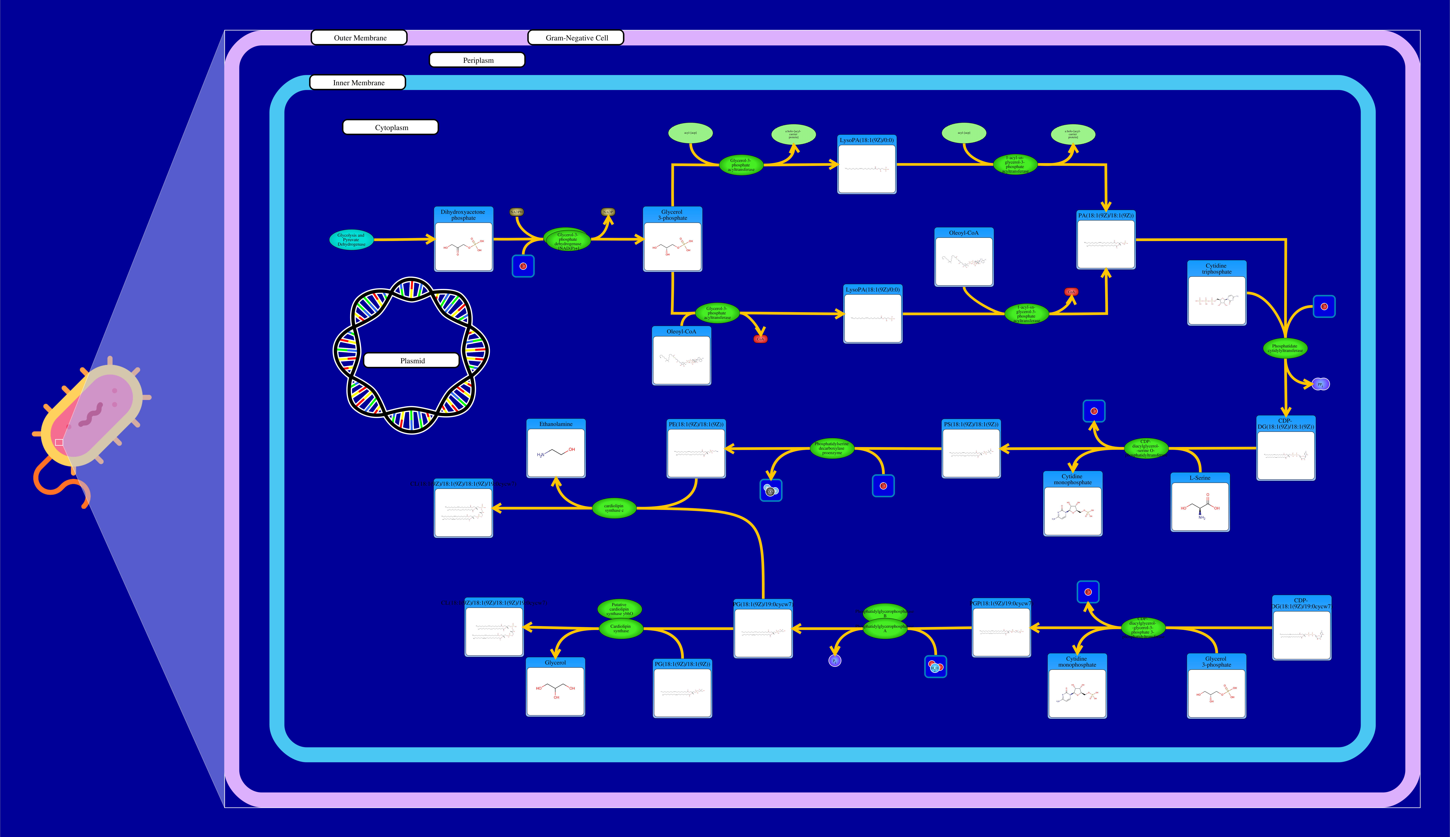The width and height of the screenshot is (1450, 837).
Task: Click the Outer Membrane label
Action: coord(359,38)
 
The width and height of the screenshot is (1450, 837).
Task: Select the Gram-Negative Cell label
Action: coord(576,38)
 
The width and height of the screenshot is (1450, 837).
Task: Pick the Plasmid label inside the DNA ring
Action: coord(412,360)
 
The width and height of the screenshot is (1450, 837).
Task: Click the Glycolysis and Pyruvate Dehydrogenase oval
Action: coord(351,240)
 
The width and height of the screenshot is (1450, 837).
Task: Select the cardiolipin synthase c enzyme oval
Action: coord(614,508)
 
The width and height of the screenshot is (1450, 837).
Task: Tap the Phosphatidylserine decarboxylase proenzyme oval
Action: coord(832,448)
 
